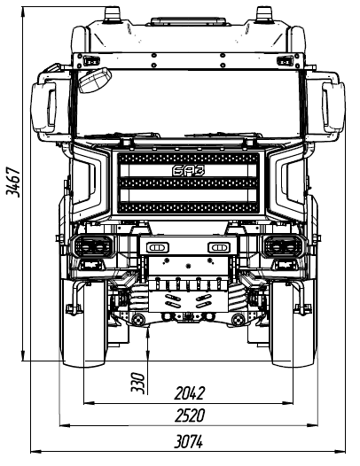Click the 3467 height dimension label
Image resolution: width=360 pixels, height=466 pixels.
13,182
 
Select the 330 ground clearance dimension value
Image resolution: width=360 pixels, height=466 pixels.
138,383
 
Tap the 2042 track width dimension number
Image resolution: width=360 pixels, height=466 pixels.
190,393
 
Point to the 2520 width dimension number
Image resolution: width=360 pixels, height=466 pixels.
190,416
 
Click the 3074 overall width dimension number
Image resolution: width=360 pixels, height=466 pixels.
189,441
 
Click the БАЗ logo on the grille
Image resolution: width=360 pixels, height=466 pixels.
189,171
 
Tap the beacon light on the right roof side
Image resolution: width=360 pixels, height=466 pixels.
264,15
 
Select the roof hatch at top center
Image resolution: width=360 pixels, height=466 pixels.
188,21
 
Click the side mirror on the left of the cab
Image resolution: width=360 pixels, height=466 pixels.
44,107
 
